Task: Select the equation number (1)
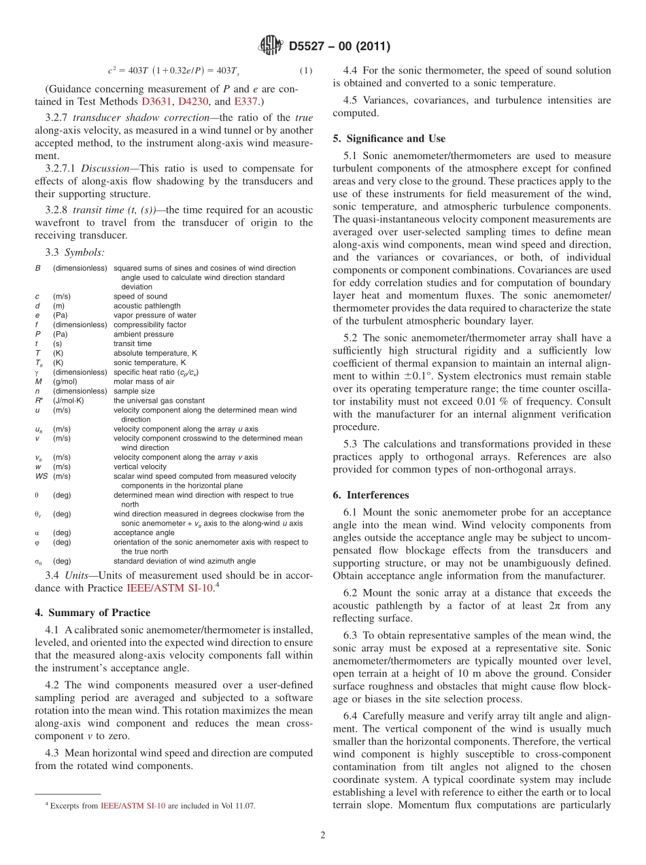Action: point(306,71)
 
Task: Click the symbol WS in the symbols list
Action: point(41,476)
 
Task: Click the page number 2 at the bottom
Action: point(323,835)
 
